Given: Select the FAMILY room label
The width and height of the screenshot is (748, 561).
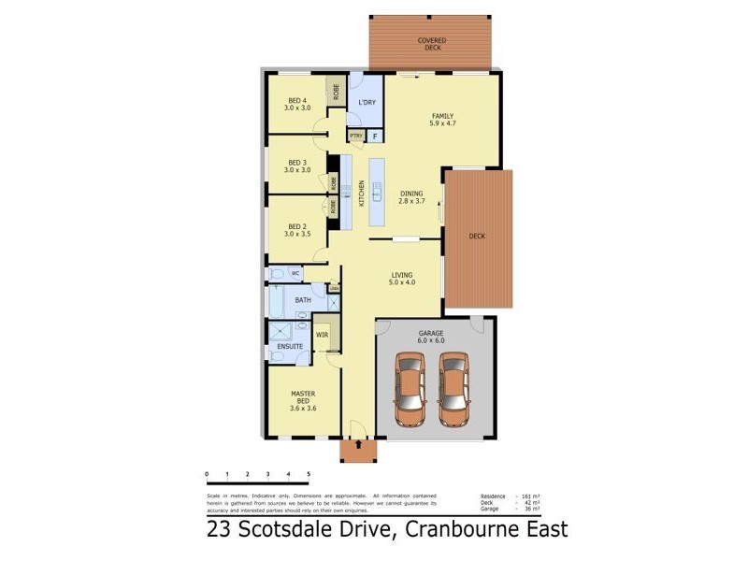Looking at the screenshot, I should click(441, 118).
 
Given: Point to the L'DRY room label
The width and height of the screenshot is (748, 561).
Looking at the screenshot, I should click(367, 103).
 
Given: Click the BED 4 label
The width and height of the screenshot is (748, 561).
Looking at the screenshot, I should click(296, 104).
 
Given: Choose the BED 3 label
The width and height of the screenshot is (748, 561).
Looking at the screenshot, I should click(296, 165).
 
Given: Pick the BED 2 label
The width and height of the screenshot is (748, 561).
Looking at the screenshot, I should click(296, 229).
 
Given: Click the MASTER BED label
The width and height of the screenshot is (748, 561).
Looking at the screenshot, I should click(302, 400).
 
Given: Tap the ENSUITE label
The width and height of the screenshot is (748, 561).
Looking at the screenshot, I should click(288, 347).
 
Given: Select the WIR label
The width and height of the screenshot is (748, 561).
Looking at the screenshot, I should click(322, 334).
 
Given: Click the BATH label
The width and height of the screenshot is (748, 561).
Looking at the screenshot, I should click(303, 300).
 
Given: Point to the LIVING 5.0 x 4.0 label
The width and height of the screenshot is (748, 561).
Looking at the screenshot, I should click(402, 279).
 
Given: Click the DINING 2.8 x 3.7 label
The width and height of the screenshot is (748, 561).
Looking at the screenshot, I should click(411, 197).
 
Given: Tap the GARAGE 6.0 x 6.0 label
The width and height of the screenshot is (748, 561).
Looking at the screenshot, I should click(431, 337).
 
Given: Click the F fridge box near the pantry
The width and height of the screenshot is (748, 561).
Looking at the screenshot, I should click(374, 136).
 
